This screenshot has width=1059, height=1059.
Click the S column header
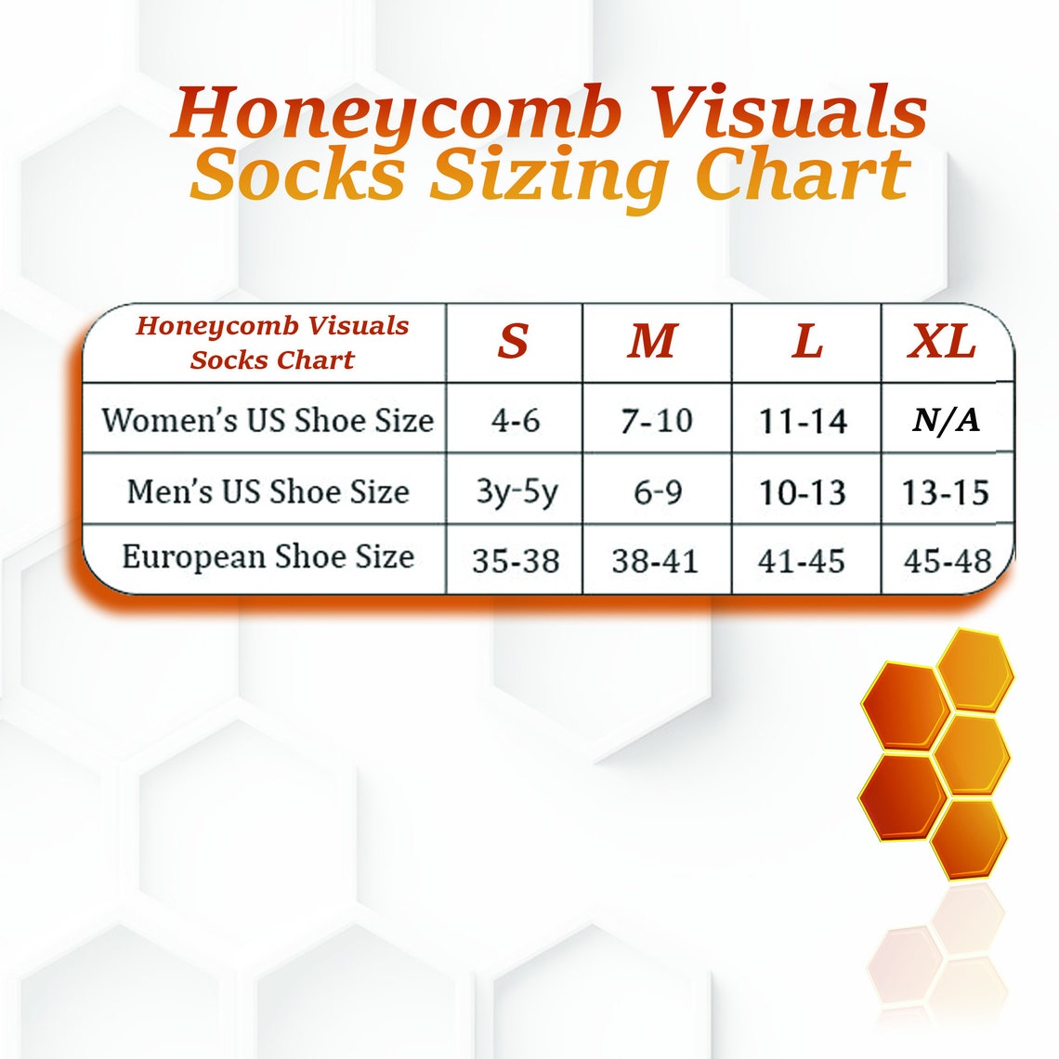(513, 342)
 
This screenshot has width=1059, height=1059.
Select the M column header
(653, 342)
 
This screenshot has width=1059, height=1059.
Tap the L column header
(806, 342)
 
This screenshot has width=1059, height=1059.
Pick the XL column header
(942, 343)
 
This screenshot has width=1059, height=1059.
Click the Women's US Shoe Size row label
(268, 420)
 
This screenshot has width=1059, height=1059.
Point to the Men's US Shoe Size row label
(268, 490)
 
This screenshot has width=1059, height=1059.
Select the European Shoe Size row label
(268, 557)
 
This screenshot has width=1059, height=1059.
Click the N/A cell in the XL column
(946, 421)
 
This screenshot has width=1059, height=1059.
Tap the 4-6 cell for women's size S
(516, 421)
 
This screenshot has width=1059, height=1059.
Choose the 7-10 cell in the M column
(657, 421)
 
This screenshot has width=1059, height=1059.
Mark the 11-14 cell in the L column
(804, 421)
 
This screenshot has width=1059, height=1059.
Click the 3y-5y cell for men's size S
(516, 491)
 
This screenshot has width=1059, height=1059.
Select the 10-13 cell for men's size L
(804, 491)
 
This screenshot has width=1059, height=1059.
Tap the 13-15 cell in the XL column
(946, 491)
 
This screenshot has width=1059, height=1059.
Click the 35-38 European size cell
(516, 561)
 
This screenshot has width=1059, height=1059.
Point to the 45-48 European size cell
(948, 561)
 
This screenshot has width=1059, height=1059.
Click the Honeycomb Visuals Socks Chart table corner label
(272, 342)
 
